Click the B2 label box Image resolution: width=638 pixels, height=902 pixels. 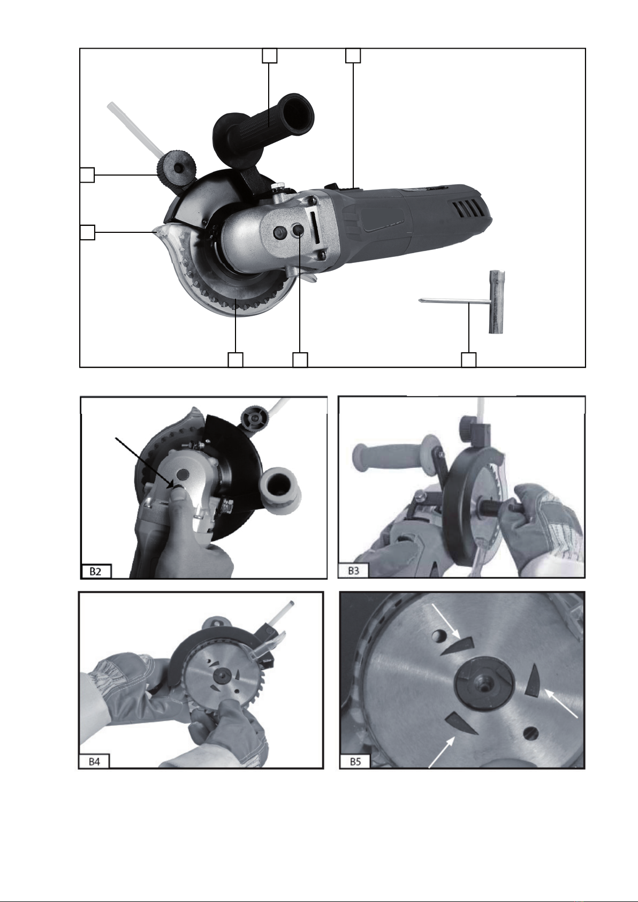pos(96,571)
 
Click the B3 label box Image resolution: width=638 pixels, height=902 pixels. pos(353,571)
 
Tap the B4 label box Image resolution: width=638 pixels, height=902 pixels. pos(94,762)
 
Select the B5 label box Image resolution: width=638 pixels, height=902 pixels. pos(355,762)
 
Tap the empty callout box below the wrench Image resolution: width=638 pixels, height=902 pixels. pos(468,360)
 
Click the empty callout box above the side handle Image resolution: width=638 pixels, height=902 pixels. pos(269,56)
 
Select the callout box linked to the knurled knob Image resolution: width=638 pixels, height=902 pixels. pos(87,175)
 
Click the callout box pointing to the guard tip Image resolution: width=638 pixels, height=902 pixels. pos(87,232)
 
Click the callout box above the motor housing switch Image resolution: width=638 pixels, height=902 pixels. pos(353,56)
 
